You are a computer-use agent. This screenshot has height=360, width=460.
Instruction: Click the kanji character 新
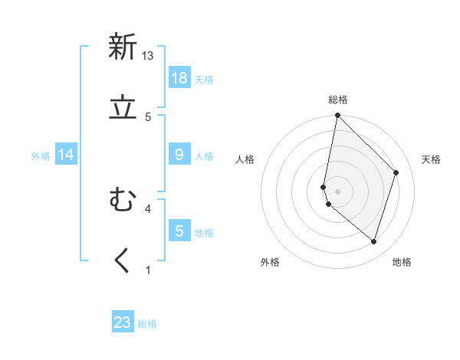pos(123,47)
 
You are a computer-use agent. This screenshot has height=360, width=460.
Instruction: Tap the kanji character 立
pos(123,108)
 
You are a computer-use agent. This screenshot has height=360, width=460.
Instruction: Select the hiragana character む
pos(123,200)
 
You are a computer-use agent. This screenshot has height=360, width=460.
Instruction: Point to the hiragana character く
pos(122,261)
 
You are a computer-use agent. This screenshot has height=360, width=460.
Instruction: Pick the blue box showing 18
pos(179,78)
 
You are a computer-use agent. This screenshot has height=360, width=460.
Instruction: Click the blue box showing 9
pos(179,155)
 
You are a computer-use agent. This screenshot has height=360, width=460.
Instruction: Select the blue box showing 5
pos(179,231)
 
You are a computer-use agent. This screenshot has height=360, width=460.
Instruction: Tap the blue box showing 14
pos(66,155)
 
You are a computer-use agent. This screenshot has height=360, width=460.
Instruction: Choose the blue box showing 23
pos(123,322)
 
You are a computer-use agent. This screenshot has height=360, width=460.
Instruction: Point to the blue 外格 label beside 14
pos(41,156)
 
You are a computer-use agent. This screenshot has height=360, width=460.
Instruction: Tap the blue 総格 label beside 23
pos(147,324)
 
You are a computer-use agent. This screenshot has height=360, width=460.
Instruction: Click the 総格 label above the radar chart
pos(338,100)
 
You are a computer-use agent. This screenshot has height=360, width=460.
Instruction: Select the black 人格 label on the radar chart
pos(245,159)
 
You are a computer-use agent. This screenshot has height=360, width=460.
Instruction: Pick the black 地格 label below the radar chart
pos(402,262)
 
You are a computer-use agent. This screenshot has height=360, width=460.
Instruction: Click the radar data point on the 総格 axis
pos(337,115)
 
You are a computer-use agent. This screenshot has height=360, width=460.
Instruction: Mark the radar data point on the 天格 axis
pos(396,172)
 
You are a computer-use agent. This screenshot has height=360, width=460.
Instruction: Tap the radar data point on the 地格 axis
pos(374,241)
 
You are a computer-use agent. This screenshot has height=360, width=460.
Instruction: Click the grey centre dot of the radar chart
pos(337,191)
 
